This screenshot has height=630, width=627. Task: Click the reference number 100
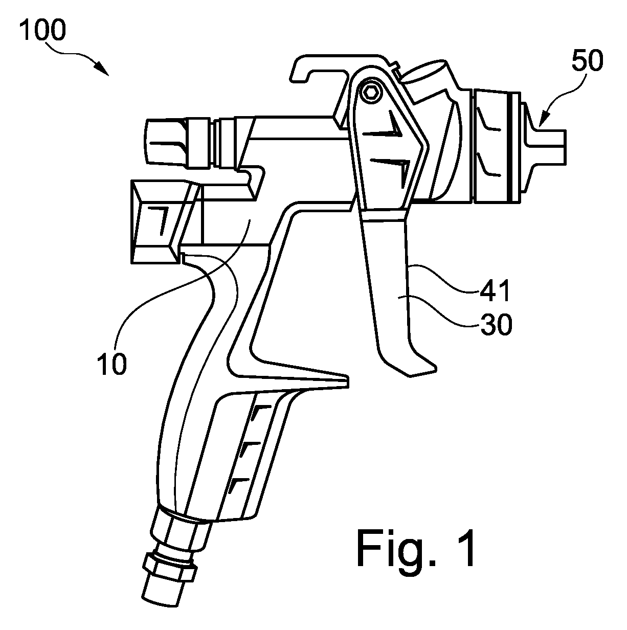click(43, 30)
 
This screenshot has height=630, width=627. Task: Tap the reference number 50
click(587, 61)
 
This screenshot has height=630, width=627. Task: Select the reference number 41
click(495, 290)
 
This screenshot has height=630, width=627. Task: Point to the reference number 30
click(496, 324)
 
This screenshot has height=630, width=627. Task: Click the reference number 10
click(111, 364)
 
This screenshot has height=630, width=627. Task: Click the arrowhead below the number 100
click(102, 69)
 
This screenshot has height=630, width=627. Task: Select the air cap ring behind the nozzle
click(493, 145)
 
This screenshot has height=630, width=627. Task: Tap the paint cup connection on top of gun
click(425, 78)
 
